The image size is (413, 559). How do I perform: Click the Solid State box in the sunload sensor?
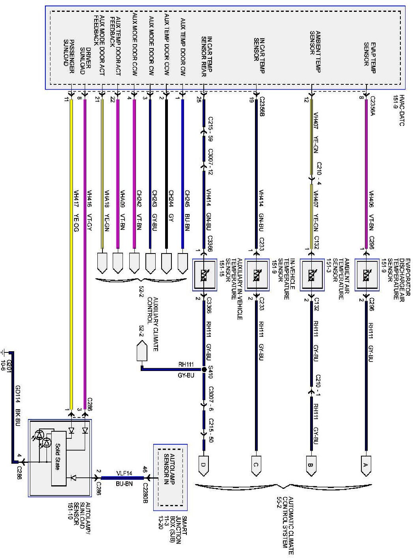58,457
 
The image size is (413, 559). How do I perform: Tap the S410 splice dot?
204,370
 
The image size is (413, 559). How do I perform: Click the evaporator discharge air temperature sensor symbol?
366,274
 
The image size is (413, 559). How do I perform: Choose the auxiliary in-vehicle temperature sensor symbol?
204,274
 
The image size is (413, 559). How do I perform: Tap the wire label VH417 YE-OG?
76,211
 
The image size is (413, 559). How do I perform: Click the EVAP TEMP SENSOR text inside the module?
369,58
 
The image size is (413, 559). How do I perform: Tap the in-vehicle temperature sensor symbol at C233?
257,274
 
